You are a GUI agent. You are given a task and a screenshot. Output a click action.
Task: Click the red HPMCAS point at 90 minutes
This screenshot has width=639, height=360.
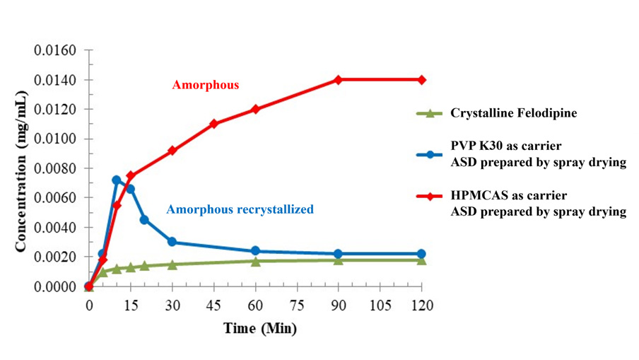pyautogui.click(x=339, y=80)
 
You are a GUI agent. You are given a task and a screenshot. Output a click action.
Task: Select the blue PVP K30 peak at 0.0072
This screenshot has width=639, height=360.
pyautogui.click(x=117, y=180)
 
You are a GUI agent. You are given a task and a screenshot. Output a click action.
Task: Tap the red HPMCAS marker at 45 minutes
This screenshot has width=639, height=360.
pyautogui.click(x=214, y=124)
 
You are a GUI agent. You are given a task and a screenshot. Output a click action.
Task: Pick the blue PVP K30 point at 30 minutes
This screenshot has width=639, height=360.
pyautogui.click(x=172, y=242)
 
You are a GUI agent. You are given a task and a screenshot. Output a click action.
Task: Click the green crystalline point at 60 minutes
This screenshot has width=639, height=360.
pyautogui.click(x=255, y=261)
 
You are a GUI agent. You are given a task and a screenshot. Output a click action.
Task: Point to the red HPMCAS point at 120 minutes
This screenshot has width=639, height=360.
pyautogui.click(x=422, y=80)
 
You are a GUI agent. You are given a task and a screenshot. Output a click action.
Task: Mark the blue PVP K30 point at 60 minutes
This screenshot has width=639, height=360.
pyautogui.click(x=255, y=251)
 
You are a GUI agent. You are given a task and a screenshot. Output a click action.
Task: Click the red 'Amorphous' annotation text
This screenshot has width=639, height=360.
pyautogui.click(x=206, y=85)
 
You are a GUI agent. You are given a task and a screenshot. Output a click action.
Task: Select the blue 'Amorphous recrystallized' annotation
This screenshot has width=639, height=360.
pyautogui.click(x=240, y=209)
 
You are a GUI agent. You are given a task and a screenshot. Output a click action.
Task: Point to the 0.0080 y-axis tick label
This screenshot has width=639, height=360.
pyautogui.click(x=54, y=169)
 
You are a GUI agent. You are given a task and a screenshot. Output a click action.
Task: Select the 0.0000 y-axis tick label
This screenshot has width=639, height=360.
pyautogui.click(x=54, y=286)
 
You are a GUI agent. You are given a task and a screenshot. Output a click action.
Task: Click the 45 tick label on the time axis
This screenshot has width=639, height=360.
pyautogui.click(x=213, y=306)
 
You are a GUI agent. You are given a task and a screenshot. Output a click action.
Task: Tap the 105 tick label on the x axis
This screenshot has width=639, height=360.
pyautogui.click(x=380, y=306)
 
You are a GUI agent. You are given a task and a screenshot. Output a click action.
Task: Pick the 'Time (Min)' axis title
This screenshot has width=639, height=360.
pyautogui.click(x=260, y=329)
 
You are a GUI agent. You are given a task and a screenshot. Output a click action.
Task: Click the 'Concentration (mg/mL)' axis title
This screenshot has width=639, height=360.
pyautogui.click(x=22, y=169)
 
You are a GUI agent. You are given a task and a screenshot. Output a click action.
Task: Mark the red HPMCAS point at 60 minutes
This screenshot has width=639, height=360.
pyautogui.click(x=255, y=109)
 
